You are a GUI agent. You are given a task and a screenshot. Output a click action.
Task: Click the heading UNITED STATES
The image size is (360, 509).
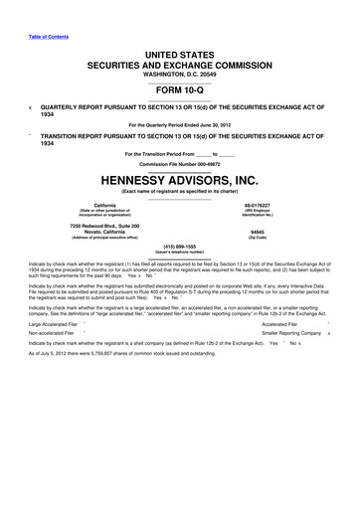click(x=180, y=50)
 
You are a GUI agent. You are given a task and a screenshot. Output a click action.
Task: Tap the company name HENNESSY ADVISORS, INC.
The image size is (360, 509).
click(x=180, y=182)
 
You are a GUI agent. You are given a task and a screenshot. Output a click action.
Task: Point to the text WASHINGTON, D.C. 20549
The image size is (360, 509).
click(x=180, y=71)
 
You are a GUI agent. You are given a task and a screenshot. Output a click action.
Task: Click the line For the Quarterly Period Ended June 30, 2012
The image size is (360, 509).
click(x=180, y=123)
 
